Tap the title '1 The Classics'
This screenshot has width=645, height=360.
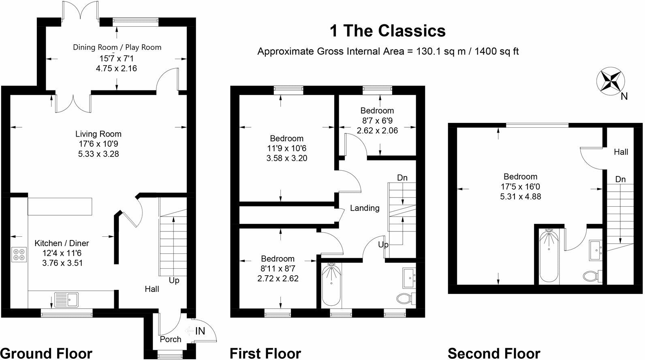coord(388,31)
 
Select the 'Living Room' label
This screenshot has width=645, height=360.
coord(98,134)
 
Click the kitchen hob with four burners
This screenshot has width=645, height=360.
coord(19,254)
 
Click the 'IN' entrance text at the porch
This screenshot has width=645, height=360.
coord(200,331)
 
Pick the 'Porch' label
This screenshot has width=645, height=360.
coord(171,339)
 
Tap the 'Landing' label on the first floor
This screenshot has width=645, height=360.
coord(365,208)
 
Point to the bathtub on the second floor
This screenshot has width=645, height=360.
coord(549,257)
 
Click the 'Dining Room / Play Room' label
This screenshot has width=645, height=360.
coord(117,47)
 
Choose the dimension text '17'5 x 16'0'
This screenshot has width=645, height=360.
coord(521,187)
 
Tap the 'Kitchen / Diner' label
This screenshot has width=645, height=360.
coord(62,243)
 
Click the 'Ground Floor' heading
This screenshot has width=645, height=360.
coord(46,353)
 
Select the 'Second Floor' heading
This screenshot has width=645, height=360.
coord(494,353)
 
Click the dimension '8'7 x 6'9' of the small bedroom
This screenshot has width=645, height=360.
coord(377,120)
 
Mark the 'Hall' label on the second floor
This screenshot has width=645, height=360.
coord(621,152)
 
